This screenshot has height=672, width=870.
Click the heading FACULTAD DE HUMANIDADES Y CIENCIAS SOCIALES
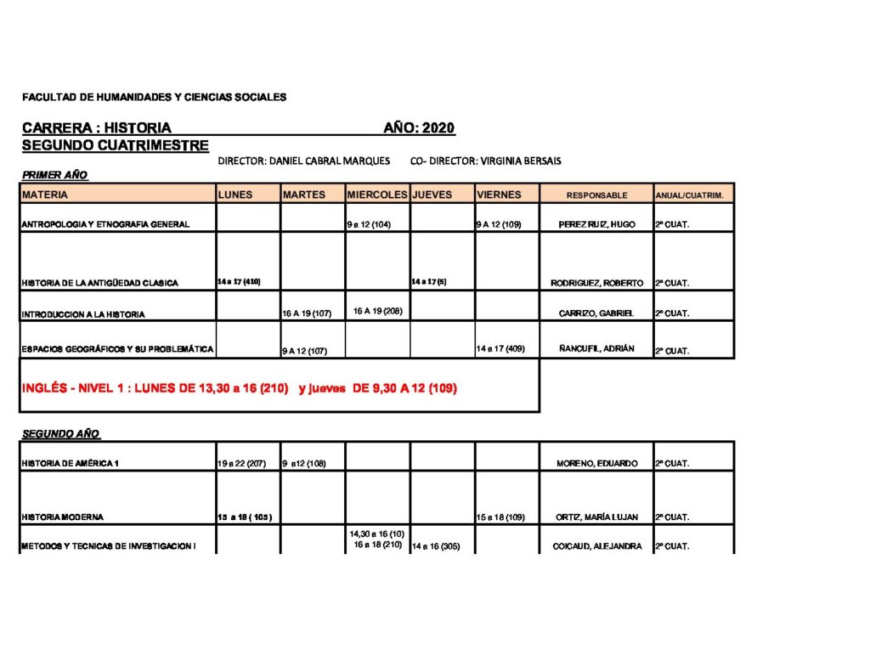[154, 98]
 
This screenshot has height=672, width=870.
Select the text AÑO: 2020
[419, 128]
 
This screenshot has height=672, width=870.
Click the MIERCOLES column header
[377, 195]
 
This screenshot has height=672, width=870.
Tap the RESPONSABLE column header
[596, 195]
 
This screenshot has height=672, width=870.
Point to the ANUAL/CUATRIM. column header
[689, 195]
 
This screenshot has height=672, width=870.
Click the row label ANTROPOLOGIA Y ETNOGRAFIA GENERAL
[105, 225]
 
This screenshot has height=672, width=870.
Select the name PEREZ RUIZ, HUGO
[596, 225]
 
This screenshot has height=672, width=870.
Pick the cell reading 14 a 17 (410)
[239, 281]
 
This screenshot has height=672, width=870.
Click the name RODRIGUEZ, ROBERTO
[596, 283]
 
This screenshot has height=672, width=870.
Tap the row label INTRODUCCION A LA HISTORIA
[83, 314]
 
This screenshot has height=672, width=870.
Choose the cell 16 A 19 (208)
[377, 311]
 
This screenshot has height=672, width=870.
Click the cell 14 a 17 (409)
[500, 348]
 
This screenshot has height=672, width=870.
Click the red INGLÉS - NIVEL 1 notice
[240, 389]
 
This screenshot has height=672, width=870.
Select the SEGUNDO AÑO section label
[60, 434]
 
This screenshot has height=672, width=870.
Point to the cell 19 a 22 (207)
[241, 464]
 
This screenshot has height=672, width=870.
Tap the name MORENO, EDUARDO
[597, 464]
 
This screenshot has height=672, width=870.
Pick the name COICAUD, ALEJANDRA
[596, 546]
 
